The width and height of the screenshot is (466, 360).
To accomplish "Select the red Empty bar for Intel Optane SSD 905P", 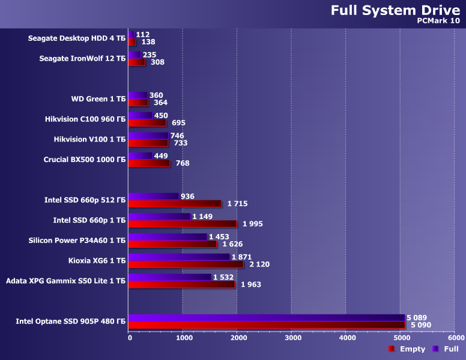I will click(x=267, y=325).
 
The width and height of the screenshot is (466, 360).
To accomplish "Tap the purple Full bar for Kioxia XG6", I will click(x=179, y=257).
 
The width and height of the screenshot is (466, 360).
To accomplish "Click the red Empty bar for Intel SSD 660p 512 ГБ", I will click(x=174, y=203).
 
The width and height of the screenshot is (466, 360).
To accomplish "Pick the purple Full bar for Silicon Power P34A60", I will click(x=168, y=237).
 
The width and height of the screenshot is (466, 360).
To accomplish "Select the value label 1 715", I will click(x=237, y=204).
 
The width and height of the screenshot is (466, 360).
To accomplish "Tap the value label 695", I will click(x=178, y=123).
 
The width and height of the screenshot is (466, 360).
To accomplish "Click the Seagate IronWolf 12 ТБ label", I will click(x=82, y=59).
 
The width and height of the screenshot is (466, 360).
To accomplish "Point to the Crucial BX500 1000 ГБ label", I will click(x=85, y=160).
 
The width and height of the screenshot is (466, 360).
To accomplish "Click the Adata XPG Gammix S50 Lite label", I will click(x=65, y=280).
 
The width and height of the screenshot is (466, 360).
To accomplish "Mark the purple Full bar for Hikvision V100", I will click(x=148, y=136).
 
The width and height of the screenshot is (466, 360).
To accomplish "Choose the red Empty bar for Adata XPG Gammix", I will click(x=181, y=284).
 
